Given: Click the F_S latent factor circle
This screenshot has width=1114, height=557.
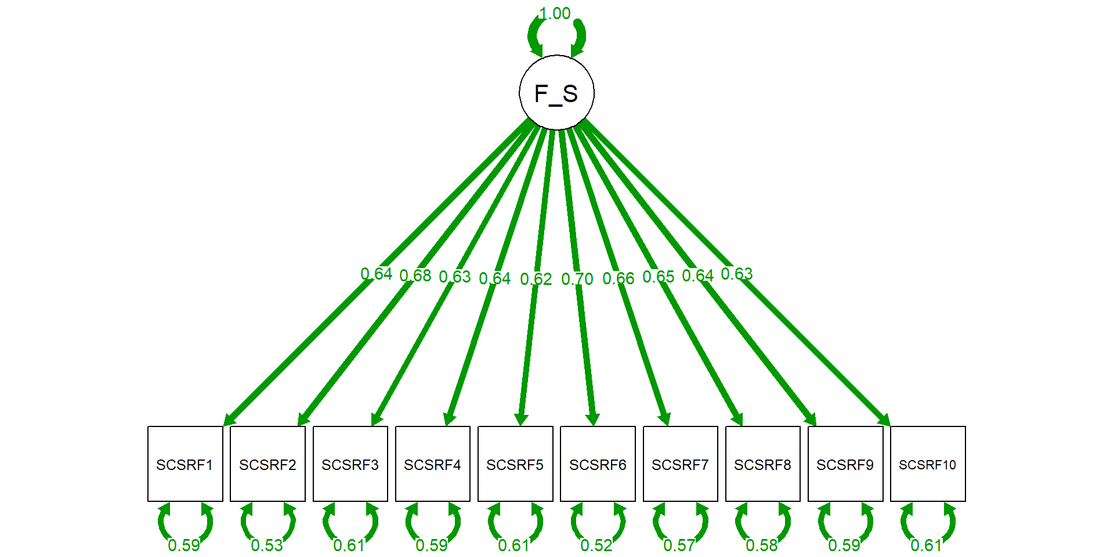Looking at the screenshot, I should pyautogui.click(x=556, y=93).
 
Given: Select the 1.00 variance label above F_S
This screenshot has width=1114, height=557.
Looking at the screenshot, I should pyautogui.click(x=555, y=13).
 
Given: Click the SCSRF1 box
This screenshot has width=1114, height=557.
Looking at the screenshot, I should pyautogui.click(x=185, y=464).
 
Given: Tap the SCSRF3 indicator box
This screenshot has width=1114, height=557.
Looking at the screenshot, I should pyautogui.click(x=350, y=464).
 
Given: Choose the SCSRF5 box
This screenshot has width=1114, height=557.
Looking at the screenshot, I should pyautogui.click(x=515, y=464).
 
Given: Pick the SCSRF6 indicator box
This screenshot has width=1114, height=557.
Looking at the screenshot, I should pyautogui.click(x=598, y=464).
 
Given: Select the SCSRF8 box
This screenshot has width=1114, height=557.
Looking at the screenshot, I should pyautogui.click(x=762, y=464).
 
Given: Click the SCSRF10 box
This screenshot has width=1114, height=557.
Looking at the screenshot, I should pyautogui.click(x=928, y=464).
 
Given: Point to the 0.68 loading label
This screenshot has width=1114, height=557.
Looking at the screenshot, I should pyautogui.click(x=415, y=276).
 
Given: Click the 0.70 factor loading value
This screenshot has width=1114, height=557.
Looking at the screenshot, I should pyautogui.click(x=577, y=279).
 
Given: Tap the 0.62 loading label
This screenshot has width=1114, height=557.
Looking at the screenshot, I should pyautogui.click(x=536, y=279).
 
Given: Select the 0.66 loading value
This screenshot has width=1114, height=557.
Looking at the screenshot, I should pyautogui.click(x=618, y=278).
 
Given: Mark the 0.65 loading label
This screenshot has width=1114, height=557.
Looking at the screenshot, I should pyautogui.click(x=658, y=277).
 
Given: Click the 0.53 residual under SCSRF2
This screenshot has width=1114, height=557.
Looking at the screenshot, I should pyautogui.click(x=267, y=545).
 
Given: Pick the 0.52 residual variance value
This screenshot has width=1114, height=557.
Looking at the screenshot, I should pyautogui.click(x=596, y=545).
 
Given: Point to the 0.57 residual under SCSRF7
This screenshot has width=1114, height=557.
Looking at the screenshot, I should pyautogui.click(x=679, y=545).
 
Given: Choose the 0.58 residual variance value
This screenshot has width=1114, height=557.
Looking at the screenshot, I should pyautogui.click(x=761, y=545).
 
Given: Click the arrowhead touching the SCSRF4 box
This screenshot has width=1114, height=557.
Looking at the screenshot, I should pyautogui.click(x=449, y=419).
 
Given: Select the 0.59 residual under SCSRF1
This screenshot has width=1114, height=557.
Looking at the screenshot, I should pyautogui.click(x=184, y=545).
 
